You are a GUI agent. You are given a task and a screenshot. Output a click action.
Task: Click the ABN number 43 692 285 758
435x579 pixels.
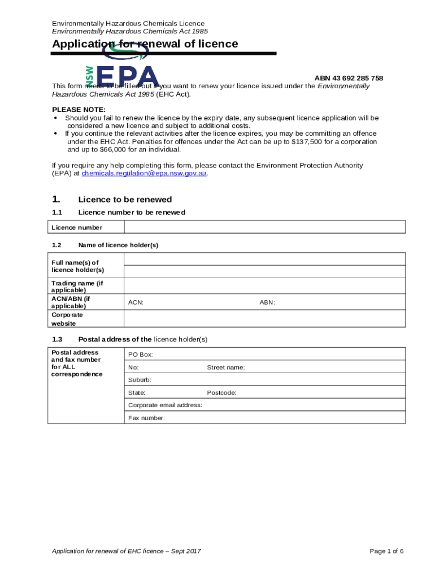click(349, 78)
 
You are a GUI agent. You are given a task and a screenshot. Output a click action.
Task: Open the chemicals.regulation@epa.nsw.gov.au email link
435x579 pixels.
click(145, 174)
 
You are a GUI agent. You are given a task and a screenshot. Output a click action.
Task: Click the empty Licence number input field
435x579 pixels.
click(264, 227)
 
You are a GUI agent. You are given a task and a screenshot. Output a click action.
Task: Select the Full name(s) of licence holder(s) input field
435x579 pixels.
click(264, 259)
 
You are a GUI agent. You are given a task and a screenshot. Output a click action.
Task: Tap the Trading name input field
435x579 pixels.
click(264, 286)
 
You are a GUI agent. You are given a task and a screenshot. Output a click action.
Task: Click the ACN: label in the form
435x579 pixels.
click(136, 303)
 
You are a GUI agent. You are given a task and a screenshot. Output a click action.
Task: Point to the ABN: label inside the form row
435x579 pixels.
click(267, 303)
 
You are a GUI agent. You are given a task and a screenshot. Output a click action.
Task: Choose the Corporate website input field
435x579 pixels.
click(264, 318)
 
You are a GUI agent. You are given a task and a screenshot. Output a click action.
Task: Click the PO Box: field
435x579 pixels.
click(264, 355)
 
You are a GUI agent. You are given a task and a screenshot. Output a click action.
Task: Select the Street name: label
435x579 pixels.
click(225, 368)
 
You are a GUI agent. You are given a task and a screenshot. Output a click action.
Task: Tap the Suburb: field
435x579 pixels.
click(264, 380)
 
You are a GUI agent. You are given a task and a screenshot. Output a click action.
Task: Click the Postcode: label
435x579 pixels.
click(221, 392)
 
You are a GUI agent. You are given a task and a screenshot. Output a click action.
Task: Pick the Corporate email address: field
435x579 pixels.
click(264, 405)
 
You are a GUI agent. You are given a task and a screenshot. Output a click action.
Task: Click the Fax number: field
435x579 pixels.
click(264, 418)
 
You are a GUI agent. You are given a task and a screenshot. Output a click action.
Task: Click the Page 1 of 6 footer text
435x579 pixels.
click(386, 551)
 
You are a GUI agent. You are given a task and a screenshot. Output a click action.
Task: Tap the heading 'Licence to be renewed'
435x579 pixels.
click(125, 200)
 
